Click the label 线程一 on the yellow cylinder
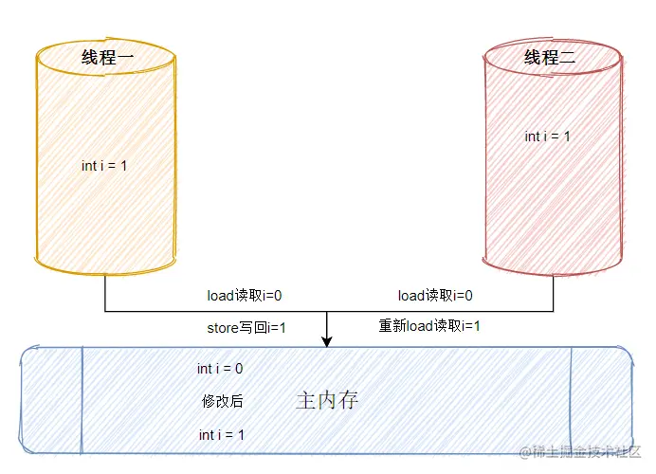[104, 57]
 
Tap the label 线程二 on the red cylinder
[550, 57]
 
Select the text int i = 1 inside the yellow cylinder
[104, 165]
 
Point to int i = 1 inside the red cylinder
[548, 137]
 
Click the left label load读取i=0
[245, 296]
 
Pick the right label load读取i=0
[435, 296]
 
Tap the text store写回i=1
[246, 327]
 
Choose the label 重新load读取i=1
[429, 326]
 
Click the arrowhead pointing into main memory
[326, 341]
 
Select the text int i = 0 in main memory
[220, 368]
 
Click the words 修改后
[222, 401]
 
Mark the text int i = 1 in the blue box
[222, 434]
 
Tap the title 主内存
[327, 400]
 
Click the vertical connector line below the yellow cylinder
[104, 292]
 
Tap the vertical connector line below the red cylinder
[553, 292]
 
